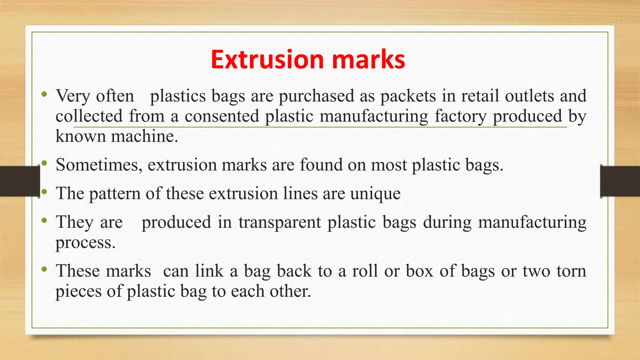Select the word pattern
coord(115,194)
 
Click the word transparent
coord(280,222)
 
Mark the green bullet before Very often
coord(44,94)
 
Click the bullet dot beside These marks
coord(44,269)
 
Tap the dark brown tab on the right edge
coord(620,181)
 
